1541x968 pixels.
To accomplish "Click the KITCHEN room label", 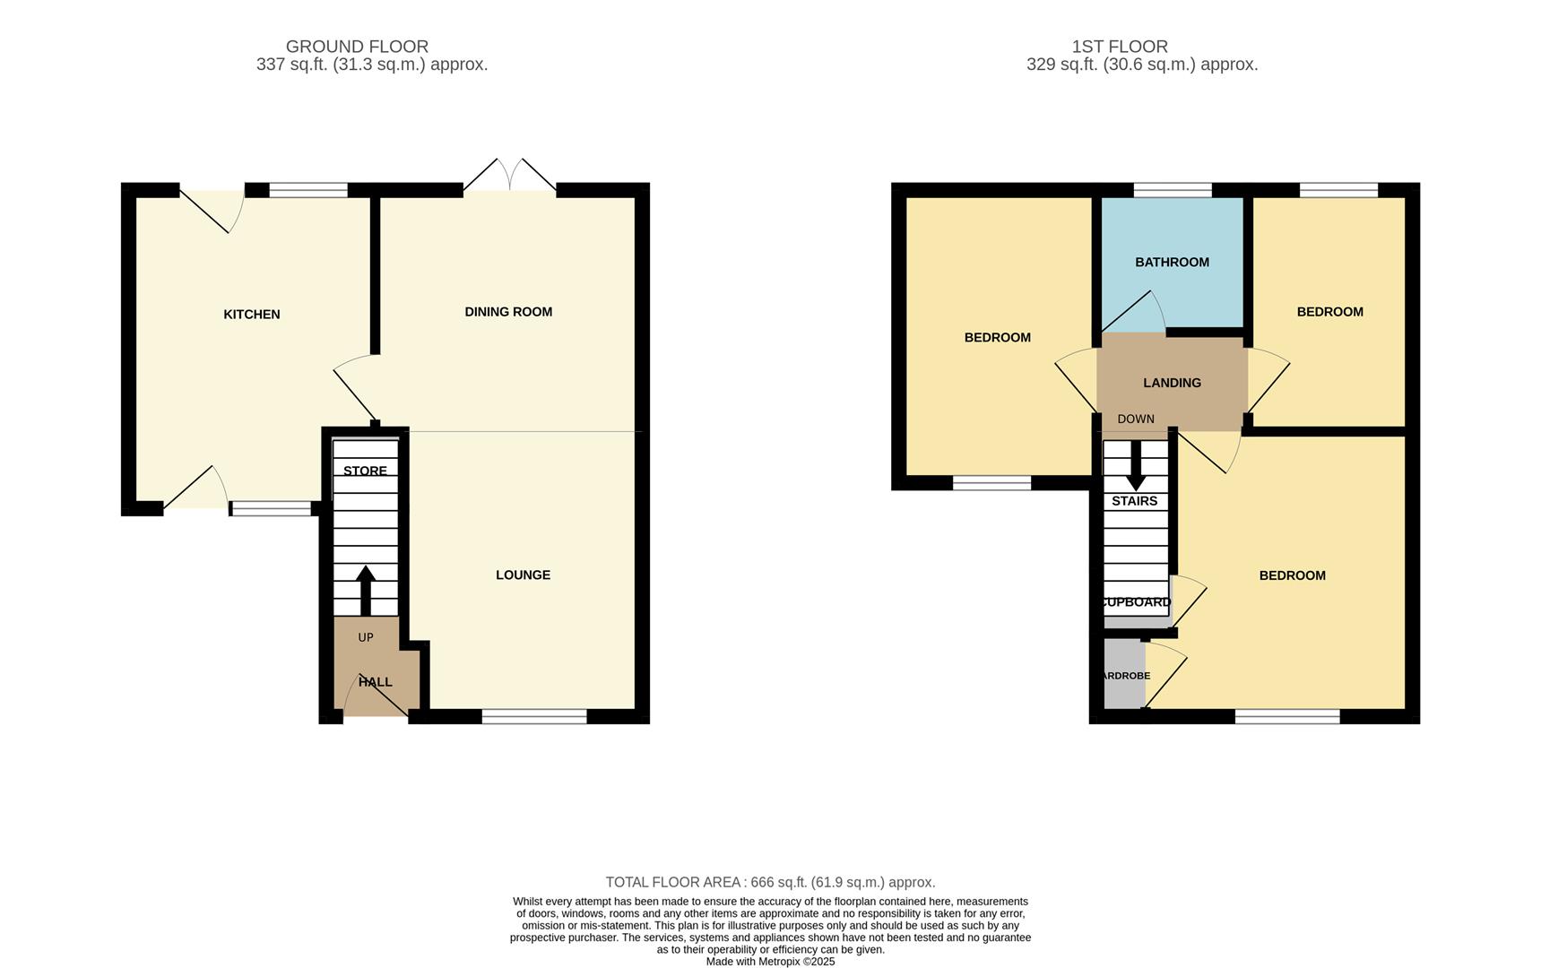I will tap(251, 315).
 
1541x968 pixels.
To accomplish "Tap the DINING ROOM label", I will tap(508, 312).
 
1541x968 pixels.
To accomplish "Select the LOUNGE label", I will tap(523, 575).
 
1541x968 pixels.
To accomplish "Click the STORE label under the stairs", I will tap(365, 471).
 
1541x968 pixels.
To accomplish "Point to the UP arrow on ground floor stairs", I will tap(366, 589).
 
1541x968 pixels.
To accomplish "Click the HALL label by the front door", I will tap(375, 682).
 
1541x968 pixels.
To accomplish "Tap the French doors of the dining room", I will tap(509, 177).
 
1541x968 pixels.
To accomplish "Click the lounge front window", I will tap(534, 716).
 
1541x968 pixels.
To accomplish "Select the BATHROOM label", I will tap(1172, 263).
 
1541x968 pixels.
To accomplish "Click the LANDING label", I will tap(1172, 383).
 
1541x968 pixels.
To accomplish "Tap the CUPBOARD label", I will tap(1135, 602).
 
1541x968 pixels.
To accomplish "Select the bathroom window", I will tap(1172, 190).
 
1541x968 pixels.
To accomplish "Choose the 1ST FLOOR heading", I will tap(1120, 47).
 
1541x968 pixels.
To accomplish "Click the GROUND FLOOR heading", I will tap(357, 47).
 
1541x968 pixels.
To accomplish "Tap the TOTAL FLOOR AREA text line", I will tap(770, 882).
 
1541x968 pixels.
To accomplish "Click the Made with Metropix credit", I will tap(770, 962).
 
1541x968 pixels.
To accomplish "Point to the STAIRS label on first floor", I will tap(1134, 501).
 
